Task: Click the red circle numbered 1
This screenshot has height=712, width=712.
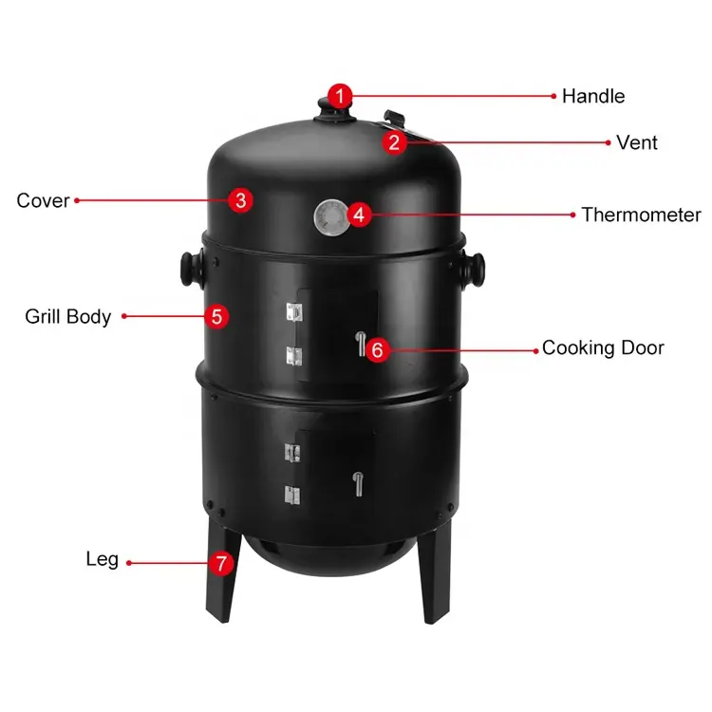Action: click(x=340, y=96)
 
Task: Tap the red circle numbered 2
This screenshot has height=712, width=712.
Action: click(x=394, y=142)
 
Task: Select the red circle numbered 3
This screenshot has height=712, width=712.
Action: click(x=241, y=200)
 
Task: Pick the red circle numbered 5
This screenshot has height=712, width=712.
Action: click(x=216, y=316)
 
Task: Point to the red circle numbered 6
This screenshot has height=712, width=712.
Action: click(x=377, y=349)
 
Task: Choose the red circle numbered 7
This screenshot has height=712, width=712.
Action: click(x=221, y=564)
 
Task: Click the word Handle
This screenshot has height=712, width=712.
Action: click(x=593, y=96)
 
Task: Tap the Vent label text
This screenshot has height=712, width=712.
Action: click(x=637, y=142)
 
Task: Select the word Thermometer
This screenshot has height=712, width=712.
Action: click(x=641, y=215)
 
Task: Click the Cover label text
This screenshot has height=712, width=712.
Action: click(x=43, y=200)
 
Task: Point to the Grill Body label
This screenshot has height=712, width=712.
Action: click(x=68, y=317)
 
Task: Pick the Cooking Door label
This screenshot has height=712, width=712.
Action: click(x=603, y=347)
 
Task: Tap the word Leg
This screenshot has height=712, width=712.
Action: click(x=103, y=560)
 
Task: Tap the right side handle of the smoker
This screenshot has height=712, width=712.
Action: click(x=473, y=270)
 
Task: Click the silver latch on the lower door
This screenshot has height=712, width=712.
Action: click(x=358, y=484)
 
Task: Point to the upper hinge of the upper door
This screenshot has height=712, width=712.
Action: click(x=294, y=312)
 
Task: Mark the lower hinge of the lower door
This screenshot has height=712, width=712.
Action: click(x=292, y=495)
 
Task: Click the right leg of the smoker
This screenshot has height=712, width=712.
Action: click(x=435, y=572)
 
